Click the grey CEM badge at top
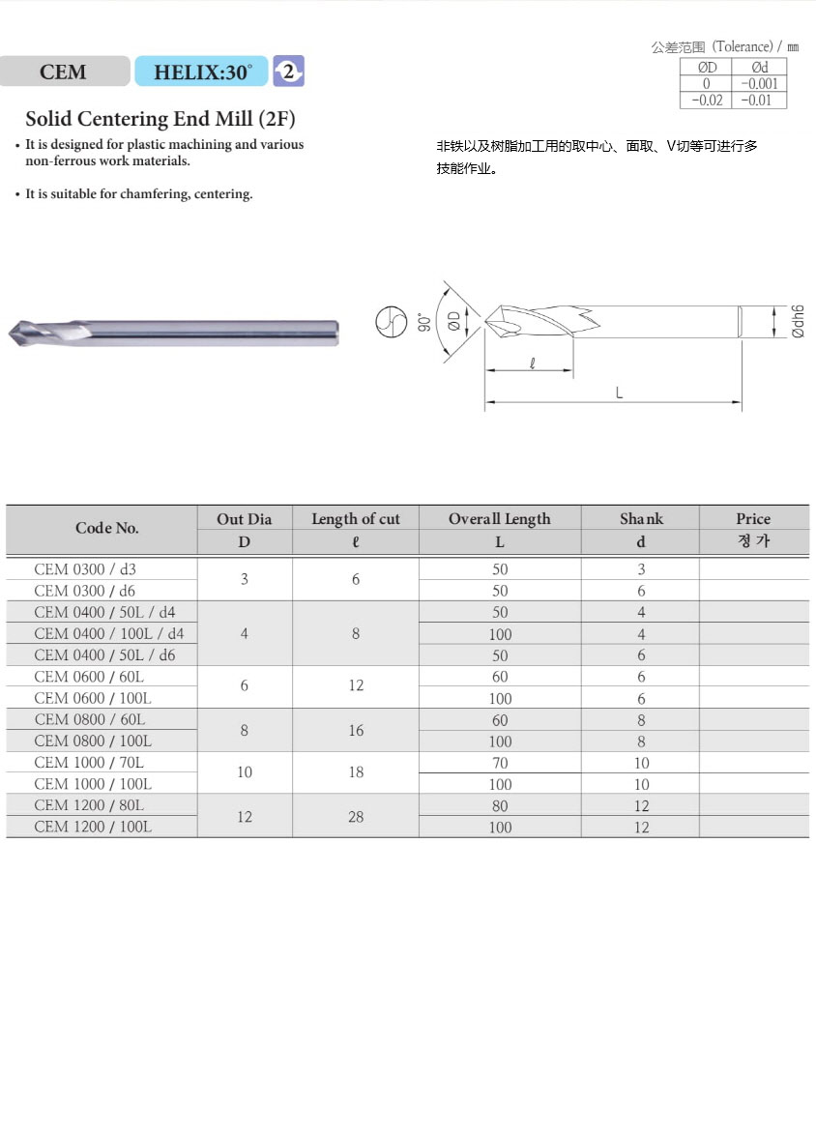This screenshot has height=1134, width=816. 64,72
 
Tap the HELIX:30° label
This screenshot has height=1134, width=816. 202,72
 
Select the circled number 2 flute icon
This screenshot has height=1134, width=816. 289,71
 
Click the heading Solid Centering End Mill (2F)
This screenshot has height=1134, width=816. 160,120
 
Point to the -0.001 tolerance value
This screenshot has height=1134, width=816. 760,84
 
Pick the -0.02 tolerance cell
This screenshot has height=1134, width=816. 707,101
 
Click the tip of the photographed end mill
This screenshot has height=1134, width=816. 12,333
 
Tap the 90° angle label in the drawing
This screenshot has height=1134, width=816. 423,321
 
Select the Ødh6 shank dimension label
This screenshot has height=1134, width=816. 798,321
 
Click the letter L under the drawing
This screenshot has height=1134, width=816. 618,392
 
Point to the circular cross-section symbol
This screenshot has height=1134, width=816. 390,321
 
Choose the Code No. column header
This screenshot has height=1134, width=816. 106,528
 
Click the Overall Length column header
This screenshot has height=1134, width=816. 499,519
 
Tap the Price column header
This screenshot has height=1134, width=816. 753,519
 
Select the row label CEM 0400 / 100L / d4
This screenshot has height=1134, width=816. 108,634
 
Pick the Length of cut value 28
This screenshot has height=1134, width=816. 356,817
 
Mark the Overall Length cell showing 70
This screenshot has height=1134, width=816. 500,763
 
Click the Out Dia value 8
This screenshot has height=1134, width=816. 245,731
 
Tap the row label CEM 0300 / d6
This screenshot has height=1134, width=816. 85,591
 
